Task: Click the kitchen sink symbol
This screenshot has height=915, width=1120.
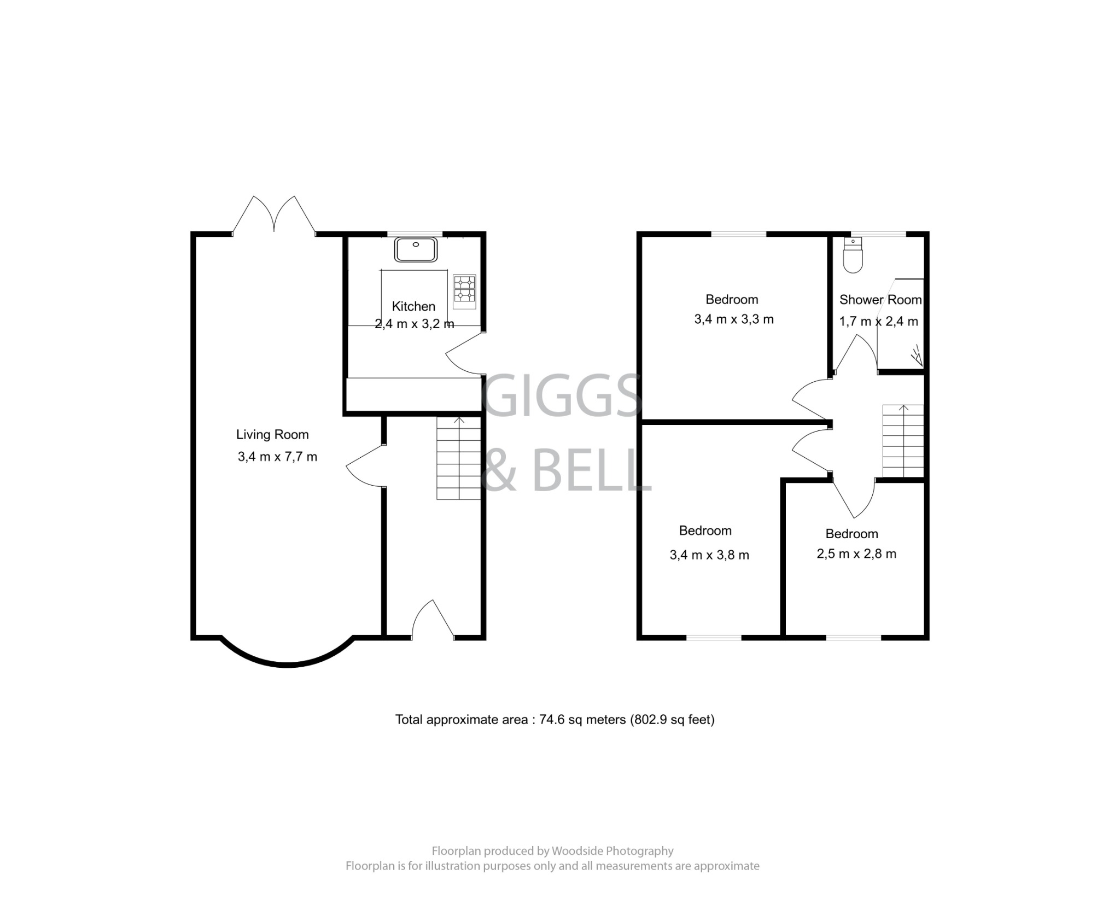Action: click(x=416, y=249)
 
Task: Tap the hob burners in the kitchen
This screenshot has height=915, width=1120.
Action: click(x=464, y=288)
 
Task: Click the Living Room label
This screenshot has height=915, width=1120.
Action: click(x=272, y=435)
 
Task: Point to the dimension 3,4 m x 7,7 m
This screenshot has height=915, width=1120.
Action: click(x=277, y=457)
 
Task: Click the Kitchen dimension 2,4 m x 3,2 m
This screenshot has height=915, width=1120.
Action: click(x=414, y=324)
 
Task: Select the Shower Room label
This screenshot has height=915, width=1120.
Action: click(x=880, y=300)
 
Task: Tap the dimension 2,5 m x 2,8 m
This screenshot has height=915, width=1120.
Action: click(x=856, y=554)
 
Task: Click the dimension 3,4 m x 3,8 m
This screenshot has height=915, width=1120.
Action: click(x=709, y=555)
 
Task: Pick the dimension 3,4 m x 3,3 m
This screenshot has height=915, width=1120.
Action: click(x=734, y=319)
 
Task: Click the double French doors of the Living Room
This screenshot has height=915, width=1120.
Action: click(x=274, y=216)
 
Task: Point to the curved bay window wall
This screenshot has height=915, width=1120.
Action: click(x=287, y=663)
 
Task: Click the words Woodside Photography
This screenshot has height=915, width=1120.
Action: click(x=612, y=851)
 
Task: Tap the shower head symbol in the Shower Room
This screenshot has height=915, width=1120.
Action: click(x=917, y=356)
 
